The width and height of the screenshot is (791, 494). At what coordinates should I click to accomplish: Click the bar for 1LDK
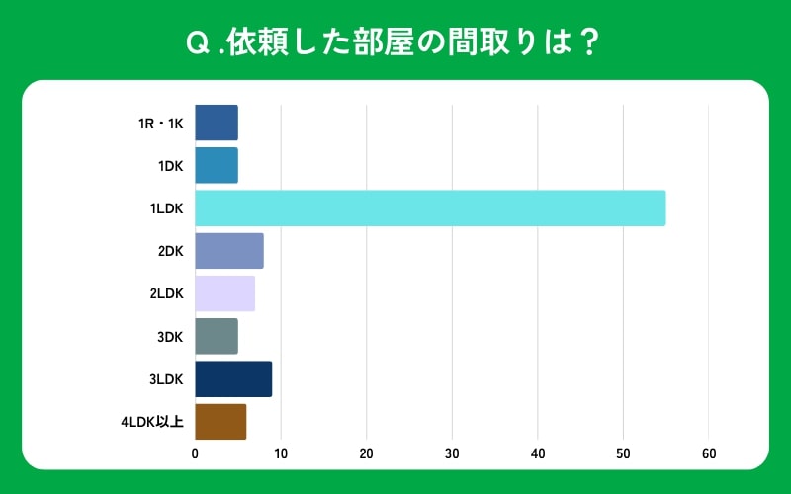pos(430,208)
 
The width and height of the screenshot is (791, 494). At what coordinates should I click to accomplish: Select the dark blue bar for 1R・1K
pos(217,123)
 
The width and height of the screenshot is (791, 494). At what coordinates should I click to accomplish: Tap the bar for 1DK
pos(217,166)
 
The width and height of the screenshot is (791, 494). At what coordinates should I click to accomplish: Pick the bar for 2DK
pos(229,251)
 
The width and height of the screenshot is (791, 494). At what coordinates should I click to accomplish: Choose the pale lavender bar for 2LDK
pos(225,293)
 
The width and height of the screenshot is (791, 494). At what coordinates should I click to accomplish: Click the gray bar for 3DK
pos(217,337)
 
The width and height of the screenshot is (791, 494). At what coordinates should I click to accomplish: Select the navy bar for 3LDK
pos(233,379)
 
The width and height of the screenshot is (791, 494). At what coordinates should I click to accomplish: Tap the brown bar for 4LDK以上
pos(220,422)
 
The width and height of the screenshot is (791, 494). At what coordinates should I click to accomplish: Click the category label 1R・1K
pos(160,123)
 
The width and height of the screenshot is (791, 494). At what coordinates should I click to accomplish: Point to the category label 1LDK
pos(166,208)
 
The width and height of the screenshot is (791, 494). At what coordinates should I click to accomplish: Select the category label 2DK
pos(170,251)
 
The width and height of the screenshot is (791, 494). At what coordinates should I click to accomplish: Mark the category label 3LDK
pos(166,379)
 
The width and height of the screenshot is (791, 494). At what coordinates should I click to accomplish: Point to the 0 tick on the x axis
pos(196,453)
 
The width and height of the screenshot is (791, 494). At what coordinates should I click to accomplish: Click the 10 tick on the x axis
pos(281,453)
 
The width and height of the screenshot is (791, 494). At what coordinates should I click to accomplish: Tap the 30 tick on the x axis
pos(452,453)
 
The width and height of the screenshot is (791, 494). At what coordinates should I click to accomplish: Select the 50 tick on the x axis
pos(623,453)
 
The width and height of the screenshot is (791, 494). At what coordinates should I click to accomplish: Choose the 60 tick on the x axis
pos(708,453)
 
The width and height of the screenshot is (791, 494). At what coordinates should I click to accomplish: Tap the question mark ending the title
pos(590,44)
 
